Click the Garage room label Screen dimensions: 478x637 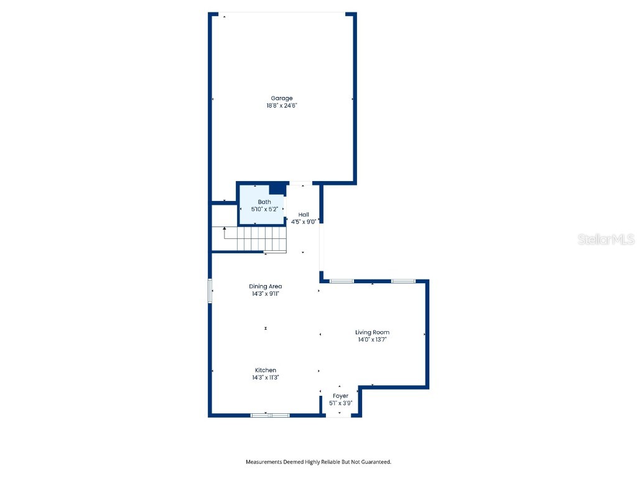pos(281,98)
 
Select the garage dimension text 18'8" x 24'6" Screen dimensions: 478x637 pos(281,106)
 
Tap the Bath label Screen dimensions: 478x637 pos(264,202)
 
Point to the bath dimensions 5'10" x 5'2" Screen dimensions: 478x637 pos(264,210)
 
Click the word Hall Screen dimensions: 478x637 pos(304,215)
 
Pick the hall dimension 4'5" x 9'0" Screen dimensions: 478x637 pos(304,222)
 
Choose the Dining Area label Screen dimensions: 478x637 pos(266,286)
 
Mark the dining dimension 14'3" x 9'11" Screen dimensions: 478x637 pos(266,294)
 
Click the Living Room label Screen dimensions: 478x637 pos(372,332)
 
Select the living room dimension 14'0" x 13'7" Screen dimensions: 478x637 pos(372,340)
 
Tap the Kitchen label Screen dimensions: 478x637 pos(265,370)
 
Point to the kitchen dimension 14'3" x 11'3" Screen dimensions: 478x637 pos(265,378)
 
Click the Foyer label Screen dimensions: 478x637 pos(340,396)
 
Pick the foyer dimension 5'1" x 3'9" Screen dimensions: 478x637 pos(340,403)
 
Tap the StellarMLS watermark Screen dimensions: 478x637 pos(605,239)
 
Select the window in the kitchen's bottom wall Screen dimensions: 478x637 pos(270,415)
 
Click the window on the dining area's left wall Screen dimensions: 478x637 pos(210,291)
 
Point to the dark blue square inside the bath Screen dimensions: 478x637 pos(277,189)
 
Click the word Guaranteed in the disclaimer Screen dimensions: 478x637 pos(374,462)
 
